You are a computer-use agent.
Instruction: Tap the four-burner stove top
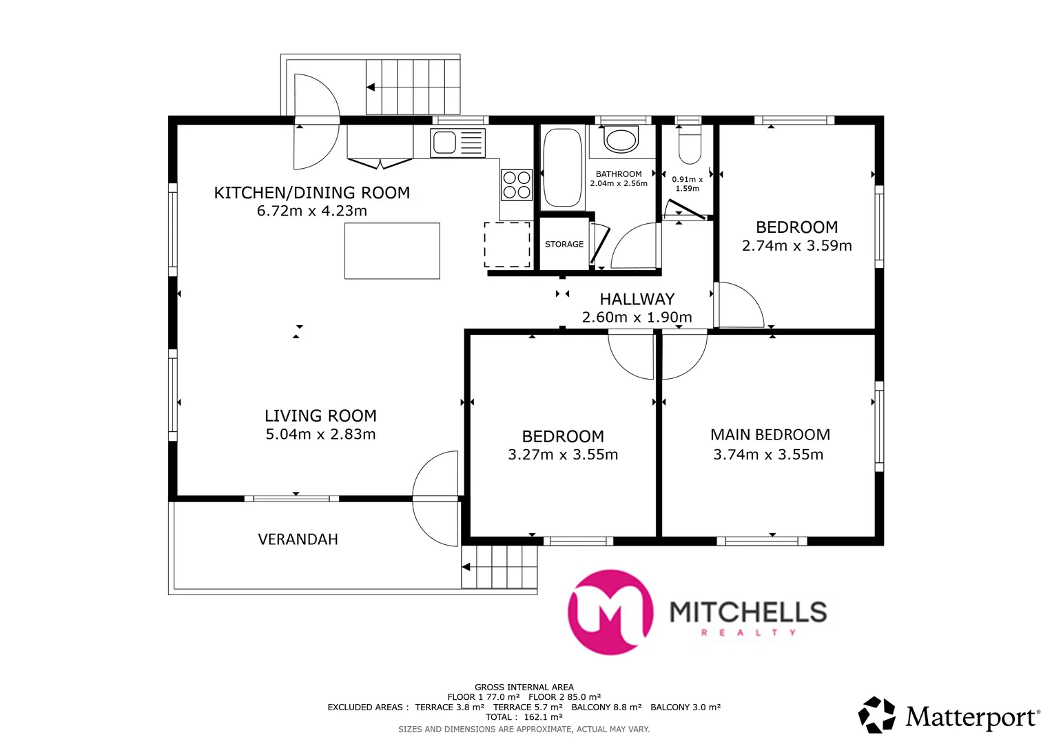point(517,185)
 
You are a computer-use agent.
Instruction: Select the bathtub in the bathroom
point(563,167)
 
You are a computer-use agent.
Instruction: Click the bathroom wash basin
point(621,140)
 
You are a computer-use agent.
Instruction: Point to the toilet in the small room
point(689,145)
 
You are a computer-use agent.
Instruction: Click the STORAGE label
point(564,245)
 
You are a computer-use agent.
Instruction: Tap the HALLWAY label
point(637,299)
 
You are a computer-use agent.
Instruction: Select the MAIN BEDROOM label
point(770,435)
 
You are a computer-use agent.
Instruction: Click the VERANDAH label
point(298,539)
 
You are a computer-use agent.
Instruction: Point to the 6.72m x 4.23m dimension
point(312,211)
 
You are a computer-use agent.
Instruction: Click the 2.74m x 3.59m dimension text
point(797,246)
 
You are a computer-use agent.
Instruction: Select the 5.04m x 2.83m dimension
point(321,434)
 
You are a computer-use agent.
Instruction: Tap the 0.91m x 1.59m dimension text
point(688,184)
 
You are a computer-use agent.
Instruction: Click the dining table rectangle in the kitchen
point(392,251)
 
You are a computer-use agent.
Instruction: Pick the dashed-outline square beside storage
point(508,245)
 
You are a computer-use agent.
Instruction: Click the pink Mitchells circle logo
point(610,612)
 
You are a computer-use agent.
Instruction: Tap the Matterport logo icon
point(877,714)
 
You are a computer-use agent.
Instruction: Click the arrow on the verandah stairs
point(466,567)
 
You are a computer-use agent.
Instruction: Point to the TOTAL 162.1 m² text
point(524,717)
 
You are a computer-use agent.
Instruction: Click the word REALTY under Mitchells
point(749,632)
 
